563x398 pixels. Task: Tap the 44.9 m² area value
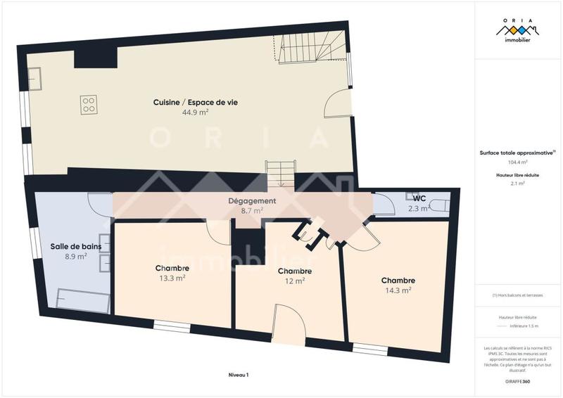pyautogui.click(x=195, y=113)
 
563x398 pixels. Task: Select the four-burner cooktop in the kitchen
pyautogui.click(x=89, y=105)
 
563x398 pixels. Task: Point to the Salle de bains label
pyautogui.click(x=75, y=246)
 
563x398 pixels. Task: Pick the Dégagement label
pyautogui.click(x=251, y=201)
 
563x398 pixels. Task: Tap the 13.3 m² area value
pyautogui.click(x=172, y=278)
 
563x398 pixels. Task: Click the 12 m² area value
pyautogui.click(x=295, y=281)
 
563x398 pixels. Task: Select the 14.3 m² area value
pyautogui.click(x=398, y=289)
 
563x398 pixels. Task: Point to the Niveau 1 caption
pyautogui.click(x=239, y=375)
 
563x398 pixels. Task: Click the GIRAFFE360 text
pyautogui.click(x=517, y=380)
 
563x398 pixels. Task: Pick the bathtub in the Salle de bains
pyautogui.click(x=83, y=300)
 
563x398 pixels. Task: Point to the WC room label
pyautogui.click(x=419, y=198)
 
